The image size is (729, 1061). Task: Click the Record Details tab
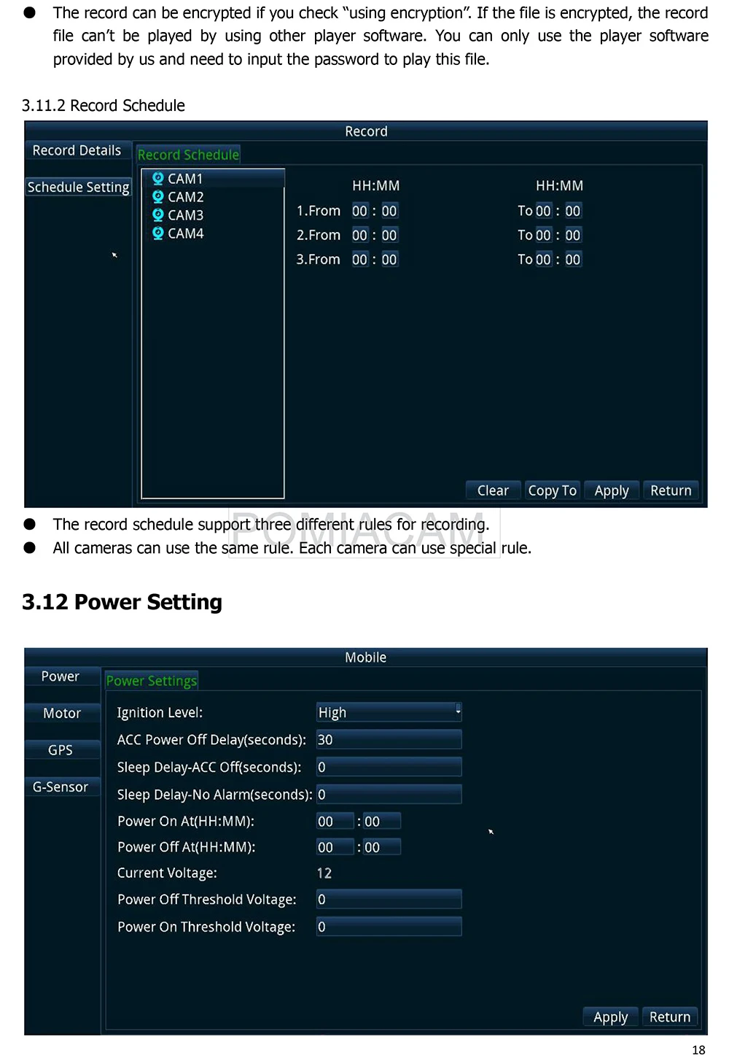click(77, 150)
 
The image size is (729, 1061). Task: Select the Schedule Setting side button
click(78, 187)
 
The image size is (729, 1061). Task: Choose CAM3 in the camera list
click(185, 215)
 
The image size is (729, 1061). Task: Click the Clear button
click(493, 490)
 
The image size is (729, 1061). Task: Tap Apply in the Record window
click(611, 490)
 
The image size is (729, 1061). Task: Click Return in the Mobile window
click(669, 1016)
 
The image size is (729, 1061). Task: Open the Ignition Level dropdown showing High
click(389, 712)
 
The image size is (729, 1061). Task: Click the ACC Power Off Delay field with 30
click(389, 739)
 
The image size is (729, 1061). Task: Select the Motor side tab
click(62, 713)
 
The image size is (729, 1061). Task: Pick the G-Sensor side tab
click(61, 787)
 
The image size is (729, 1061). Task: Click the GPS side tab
click(61, 750)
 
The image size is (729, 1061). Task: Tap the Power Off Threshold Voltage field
click(389, 899)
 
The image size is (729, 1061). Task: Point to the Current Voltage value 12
click(324, 873)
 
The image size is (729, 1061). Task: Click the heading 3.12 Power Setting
click(122, 602)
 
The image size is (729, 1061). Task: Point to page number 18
click(698, 1050)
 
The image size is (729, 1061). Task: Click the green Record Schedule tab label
click(188, 155)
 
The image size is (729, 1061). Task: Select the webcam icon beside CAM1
click(157, 178)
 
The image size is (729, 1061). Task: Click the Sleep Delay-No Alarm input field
click(389, 794)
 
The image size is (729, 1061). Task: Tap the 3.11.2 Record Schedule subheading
click(104, 106)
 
